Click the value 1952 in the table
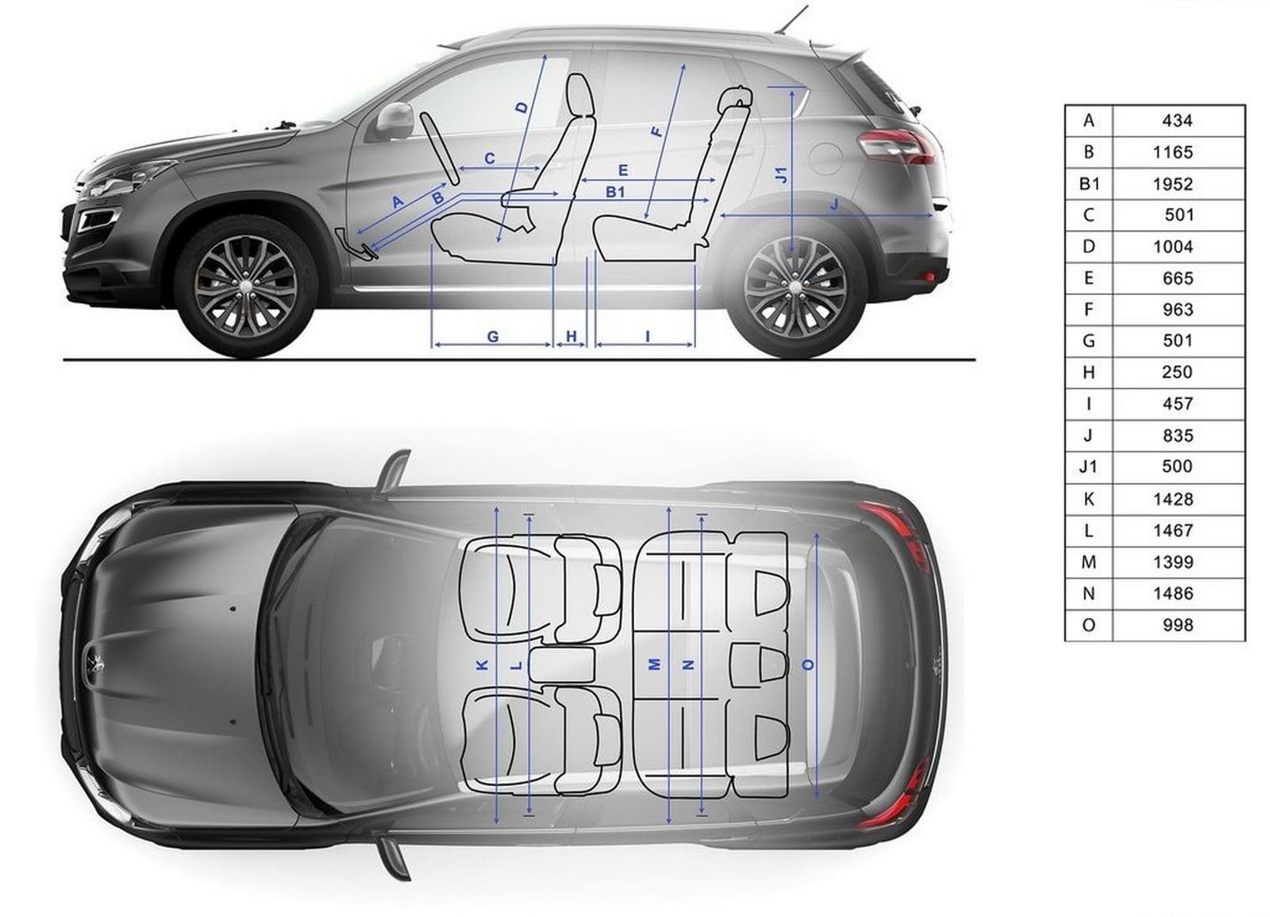1172,184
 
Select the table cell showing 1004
1172,247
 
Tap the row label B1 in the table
1088,184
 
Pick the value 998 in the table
1178,625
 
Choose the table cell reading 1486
1172,593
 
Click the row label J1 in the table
1088,466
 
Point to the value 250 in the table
1177,372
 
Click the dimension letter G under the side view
493,336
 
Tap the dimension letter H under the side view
571,336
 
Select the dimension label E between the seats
623,170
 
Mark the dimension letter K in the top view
483,666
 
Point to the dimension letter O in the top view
809,665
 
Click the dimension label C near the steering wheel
490,159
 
